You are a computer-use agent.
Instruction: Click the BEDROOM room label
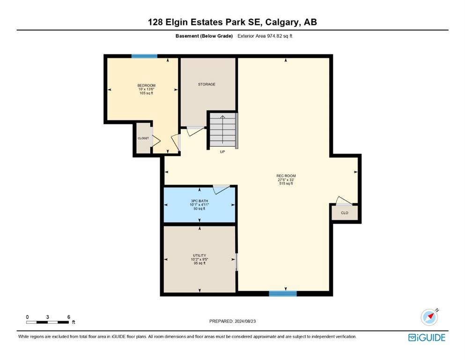146,85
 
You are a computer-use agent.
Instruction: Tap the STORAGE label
207,84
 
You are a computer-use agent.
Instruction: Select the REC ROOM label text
286,176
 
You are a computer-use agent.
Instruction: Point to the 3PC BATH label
199,201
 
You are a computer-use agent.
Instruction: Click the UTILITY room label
199,255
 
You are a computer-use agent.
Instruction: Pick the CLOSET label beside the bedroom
143,138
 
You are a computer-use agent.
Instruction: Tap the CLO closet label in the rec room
345,213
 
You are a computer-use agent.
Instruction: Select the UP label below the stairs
222,152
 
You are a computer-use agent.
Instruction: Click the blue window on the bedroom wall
144,56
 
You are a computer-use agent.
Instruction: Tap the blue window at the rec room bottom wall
283,293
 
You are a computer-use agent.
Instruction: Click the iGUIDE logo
427,337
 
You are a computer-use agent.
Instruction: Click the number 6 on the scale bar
69,317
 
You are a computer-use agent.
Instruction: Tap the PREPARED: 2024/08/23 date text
232,321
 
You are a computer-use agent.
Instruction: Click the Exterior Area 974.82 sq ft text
265,36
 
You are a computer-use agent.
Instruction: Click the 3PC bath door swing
221,189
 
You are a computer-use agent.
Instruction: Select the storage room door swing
196,131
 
